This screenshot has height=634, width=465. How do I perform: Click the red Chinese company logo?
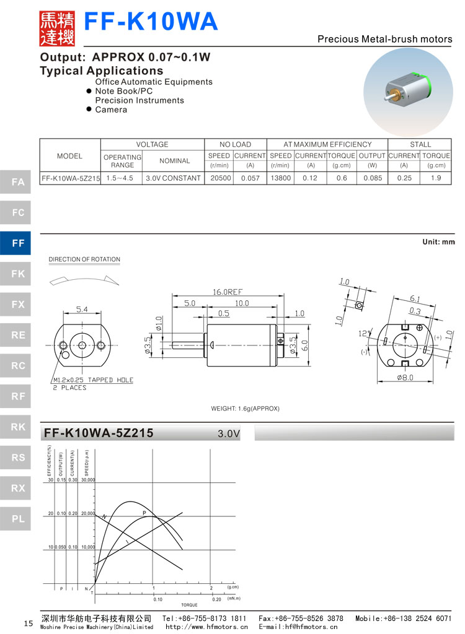(x=57, y=28)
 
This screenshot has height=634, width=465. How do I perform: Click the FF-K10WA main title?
(x=151, y=22)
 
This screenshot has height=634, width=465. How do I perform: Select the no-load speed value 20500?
(x=219, y=178)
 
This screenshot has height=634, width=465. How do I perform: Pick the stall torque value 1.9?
(x=436, y=178)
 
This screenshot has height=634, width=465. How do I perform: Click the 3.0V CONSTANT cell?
(x=174, y=178)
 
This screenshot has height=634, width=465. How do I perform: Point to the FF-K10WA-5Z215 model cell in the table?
(x=70, y=178)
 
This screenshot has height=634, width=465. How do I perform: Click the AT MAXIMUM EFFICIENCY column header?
(x=327, y=144)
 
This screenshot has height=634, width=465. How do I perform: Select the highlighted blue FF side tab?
(x=19, y=243)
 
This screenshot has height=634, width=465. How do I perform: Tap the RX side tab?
(x=19, y=489)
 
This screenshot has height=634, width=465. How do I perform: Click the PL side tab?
(x=19, y=519)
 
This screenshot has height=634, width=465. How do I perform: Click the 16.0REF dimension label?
(x=227, y=292)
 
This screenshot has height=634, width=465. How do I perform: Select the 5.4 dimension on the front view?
(x=82, y=308)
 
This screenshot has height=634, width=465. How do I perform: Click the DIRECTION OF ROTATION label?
(x=84, y=259)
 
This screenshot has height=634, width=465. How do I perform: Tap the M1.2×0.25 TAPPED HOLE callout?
(x=93, y=380)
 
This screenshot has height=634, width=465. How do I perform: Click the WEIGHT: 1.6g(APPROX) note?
(x=246, y=409)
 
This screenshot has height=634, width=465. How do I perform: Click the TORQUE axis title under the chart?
(x=189, y=605)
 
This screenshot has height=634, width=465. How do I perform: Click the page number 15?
(x=28, y=623)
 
